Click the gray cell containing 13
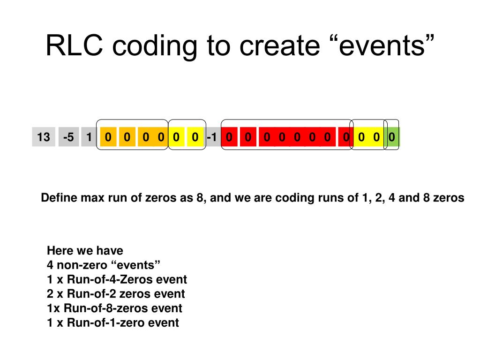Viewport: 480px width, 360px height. point(44,137)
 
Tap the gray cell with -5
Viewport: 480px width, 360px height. point(68,137)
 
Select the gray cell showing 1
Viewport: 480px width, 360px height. point(89,137)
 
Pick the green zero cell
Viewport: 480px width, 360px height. point(392,137)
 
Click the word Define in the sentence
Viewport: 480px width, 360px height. point(59,198)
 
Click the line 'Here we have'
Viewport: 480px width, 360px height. point(85,250)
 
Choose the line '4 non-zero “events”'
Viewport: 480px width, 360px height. point(104,265)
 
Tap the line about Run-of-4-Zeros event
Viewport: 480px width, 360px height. point(117,279)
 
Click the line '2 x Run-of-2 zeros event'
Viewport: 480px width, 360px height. point(116,294)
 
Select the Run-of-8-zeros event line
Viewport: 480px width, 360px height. point(114,308)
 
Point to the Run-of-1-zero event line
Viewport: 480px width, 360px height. point(113,323)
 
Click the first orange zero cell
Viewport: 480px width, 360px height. point(108,137)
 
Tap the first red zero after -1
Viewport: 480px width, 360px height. point(229,137)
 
